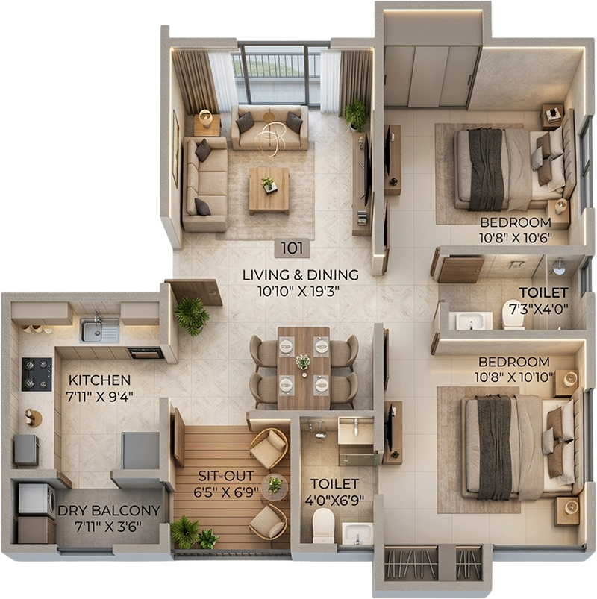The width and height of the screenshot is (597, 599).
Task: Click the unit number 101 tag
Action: [293, 248]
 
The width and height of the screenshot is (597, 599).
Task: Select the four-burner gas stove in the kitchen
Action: [37, 374]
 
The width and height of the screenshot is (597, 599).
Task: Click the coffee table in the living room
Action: [269, 191]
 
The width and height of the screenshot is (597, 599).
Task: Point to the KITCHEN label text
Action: [100, 380]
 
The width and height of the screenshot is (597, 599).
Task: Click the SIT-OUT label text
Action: [226, 476]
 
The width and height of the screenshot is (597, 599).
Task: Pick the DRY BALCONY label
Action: [109, 511]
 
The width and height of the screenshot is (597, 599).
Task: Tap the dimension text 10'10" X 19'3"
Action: [299, 292]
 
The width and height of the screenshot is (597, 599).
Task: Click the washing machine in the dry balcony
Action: [37, 498]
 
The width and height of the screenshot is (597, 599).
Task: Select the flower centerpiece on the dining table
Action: [303, 361]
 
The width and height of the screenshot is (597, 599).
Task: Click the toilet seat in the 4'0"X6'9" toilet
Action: [323, 526]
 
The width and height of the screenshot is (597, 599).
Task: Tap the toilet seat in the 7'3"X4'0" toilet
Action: [514, 314]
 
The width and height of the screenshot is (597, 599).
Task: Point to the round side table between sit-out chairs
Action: [275, 486]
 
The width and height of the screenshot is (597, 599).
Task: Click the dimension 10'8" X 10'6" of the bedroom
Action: [516, 238]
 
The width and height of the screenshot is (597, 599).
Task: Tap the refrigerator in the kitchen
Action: [140, 451]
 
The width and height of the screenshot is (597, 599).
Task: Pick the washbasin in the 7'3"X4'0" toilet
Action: [470, 321]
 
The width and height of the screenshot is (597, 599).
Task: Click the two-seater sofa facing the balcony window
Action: [269, 128]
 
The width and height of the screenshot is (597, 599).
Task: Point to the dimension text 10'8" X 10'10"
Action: [514, 377]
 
